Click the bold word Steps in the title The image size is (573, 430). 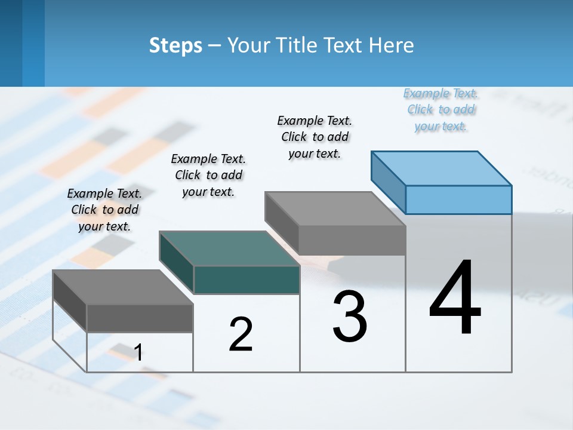tap(175, 45)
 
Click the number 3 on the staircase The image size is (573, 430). tap(350, 317)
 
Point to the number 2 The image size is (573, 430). tap(241, 334)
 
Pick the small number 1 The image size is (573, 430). tap(138, 353)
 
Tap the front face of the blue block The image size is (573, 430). tap(458, 199)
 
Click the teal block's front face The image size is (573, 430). tap(247, 279)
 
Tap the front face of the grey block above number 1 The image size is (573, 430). tap(140, 318)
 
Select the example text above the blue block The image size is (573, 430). tap(440, 110)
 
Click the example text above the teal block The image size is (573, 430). tap(208, 175)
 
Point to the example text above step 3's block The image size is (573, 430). tap(315, 137)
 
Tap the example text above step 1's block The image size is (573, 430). tap(104, 210)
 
